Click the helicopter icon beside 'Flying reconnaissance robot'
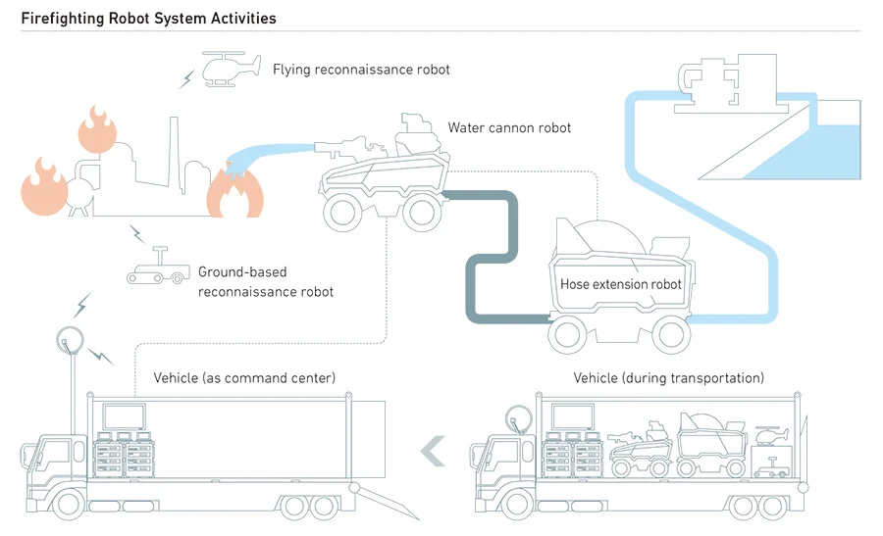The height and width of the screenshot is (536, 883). [x=228, y=68]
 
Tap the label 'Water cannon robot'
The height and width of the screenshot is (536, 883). [x=509, y=127]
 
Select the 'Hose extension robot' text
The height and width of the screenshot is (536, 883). [x=620, y=284]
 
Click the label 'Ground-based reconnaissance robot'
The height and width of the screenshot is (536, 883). [x=265, y=281]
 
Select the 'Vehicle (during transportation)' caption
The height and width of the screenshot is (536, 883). [x=668, y=378]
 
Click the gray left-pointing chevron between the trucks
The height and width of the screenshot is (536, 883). [x=432, y=452]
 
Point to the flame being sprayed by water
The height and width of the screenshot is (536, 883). [x=234, y=191]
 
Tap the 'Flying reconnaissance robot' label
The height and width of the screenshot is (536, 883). [x=360, y=70]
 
